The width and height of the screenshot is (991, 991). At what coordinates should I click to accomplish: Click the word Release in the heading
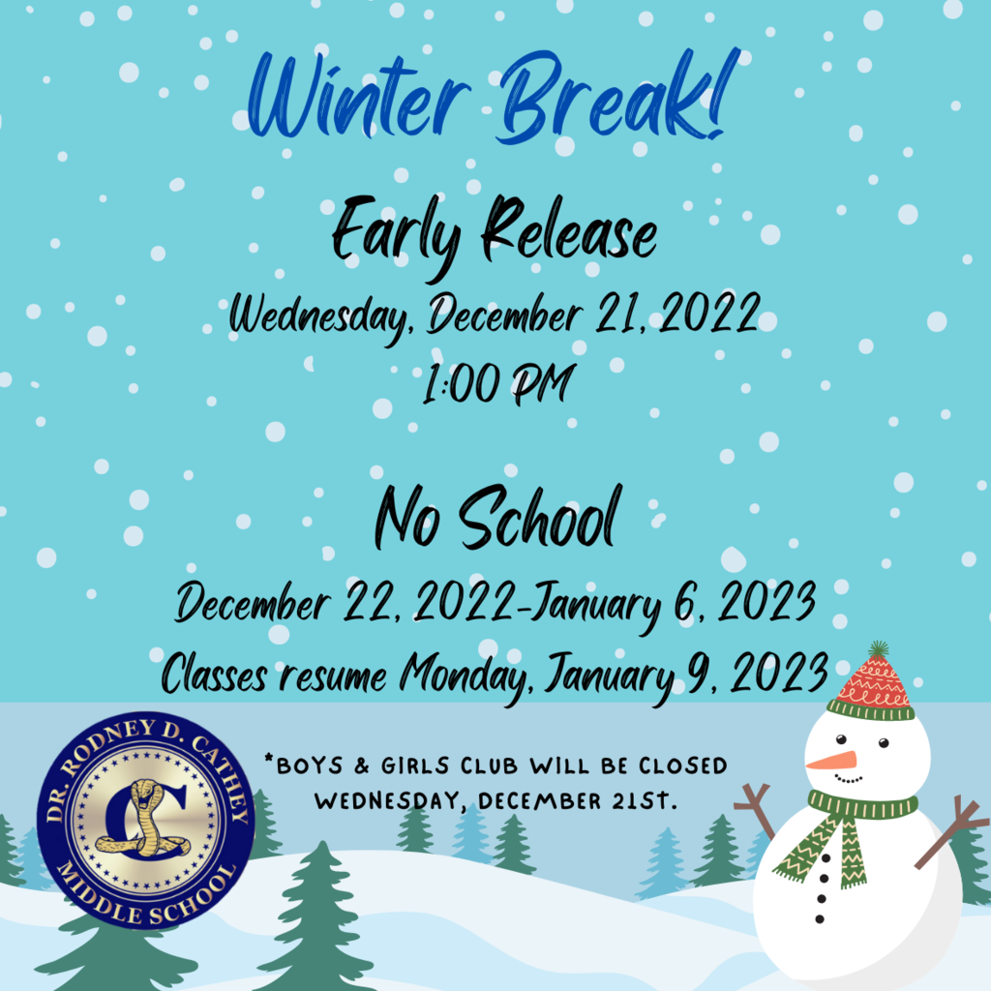(x=569, y=230)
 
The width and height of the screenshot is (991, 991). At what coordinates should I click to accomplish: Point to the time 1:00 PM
(x=498, y=383)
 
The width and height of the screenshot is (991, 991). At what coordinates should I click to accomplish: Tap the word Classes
(x=214, y=674)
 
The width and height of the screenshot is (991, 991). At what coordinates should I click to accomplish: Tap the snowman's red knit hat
(x=872, y=686)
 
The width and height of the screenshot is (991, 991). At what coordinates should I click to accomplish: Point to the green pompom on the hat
(x=879, y=649)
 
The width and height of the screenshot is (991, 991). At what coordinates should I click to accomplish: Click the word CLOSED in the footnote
(x=682, y=766)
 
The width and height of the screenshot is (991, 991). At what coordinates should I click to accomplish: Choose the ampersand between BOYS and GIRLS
(x=362, y=766)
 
